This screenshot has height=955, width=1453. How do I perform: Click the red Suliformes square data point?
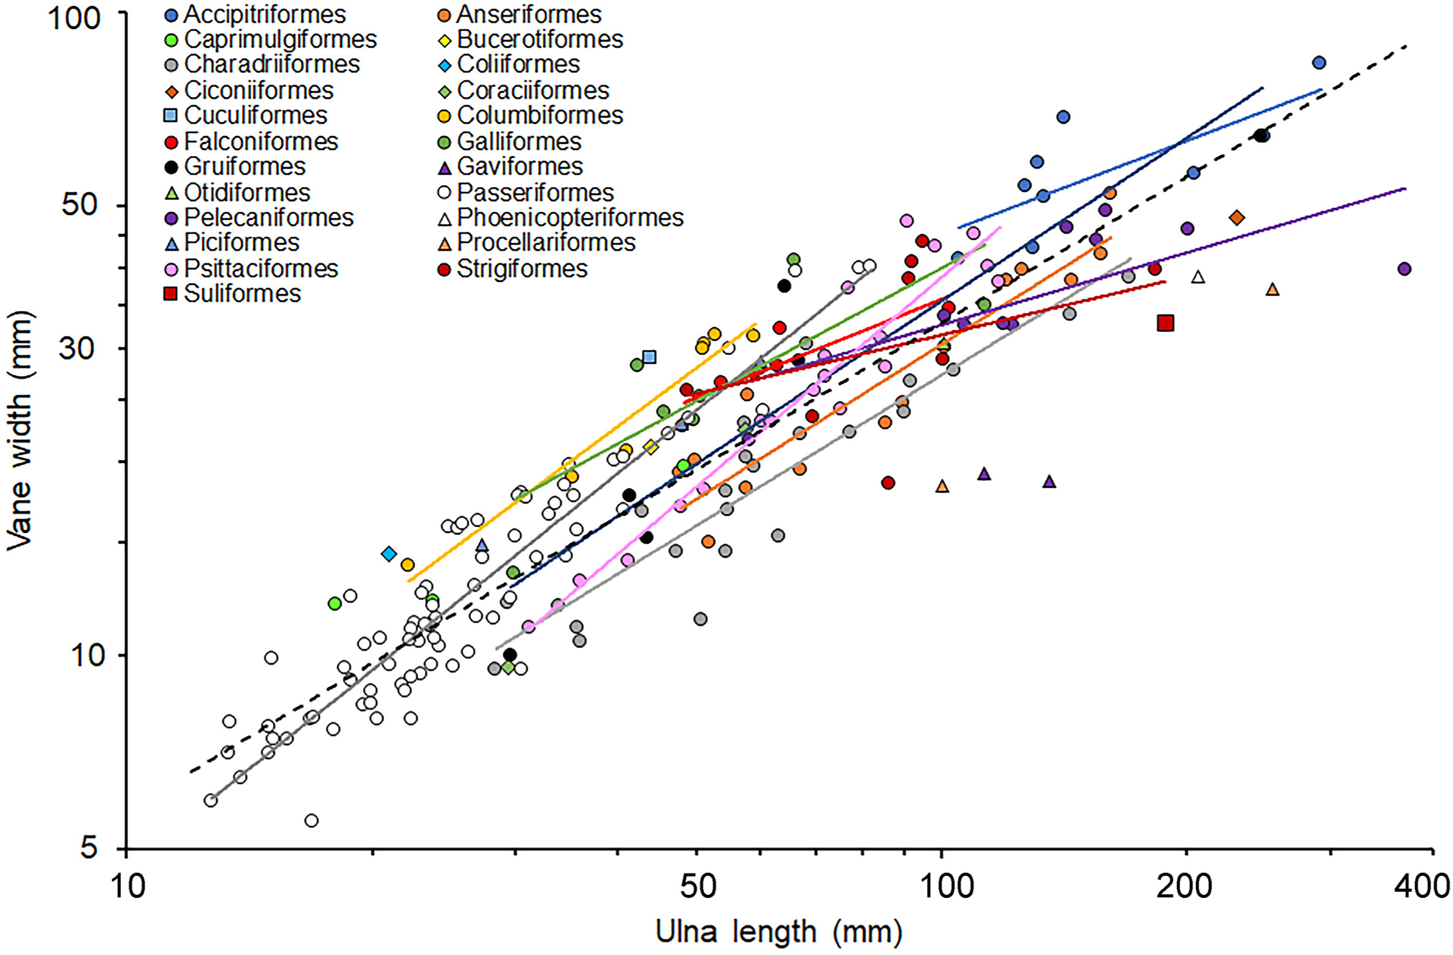1165,323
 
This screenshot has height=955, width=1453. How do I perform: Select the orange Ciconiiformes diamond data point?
1237,218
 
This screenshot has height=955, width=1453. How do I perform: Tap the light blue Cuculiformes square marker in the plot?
649,357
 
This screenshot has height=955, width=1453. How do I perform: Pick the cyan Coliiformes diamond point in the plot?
389,554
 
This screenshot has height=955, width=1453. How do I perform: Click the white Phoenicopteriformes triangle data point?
1198,277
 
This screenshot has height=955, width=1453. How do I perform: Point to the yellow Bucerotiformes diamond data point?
651,447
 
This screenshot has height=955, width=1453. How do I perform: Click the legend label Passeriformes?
535,192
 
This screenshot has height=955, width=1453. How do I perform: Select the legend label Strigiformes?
522,268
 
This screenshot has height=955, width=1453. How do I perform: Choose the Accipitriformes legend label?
265,14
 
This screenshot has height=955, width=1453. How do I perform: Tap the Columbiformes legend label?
540,115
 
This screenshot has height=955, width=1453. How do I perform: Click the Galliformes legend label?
519,142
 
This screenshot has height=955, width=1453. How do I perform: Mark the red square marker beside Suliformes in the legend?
172,294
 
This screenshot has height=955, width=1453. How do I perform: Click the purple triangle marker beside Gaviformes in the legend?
446,167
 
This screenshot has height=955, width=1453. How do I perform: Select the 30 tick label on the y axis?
80,348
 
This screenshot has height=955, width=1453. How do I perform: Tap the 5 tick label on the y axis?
89,848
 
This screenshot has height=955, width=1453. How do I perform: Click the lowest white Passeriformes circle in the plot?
311,820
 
